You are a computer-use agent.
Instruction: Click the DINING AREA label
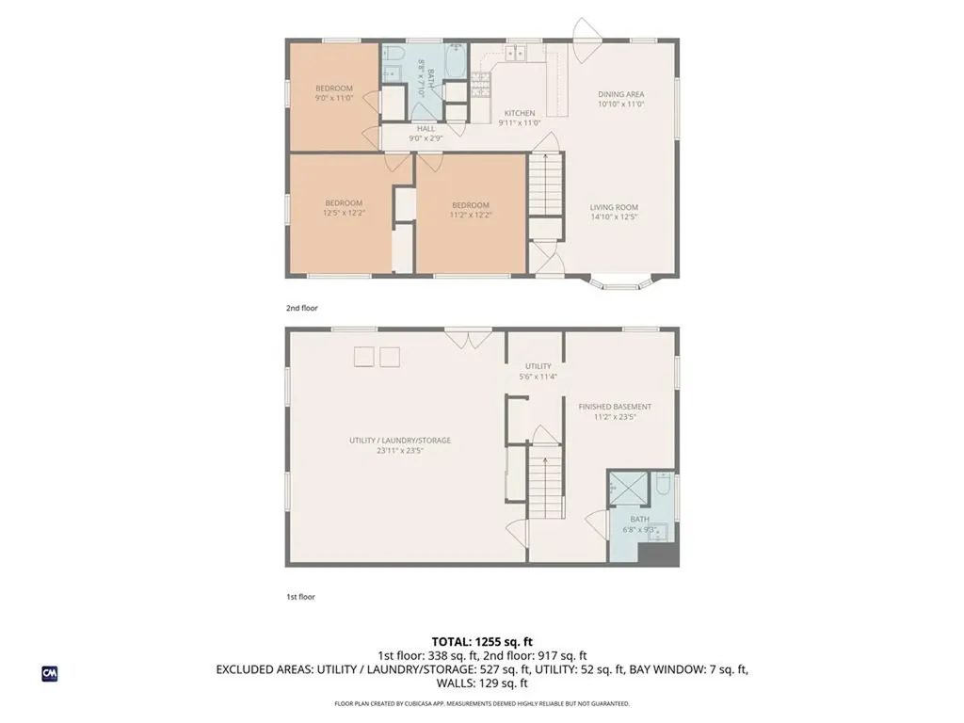click(x=621, y=94)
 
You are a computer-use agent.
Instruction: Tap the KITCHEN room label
click(x=519, y=113)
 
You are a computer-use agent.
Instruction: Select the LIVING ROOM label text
click(x=614, y=207)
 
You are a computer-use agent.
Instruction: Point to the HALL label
click(x=426, y=128)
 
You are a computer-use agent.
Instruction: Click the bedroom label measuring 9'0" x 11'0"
click(x=333, y=88)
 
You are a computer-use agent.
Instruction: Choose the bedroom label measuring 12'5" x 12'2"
click(x=344, y=203)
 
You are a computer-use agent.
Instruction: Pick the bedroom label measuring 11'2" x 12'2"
click(x=470, y=205)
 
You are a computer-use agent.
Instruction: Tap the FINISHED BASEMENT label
click(x=614, y=407)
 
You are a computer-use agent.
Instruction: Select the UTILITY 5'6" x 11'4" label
click(x=538, y=366)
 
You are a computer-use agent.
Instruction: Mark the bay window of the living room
click(x=619, y=281)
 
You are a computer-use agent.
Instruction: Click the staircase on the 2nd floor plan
click(x=544, y=184)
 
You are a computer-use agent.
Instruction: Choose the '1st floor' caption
click(x=299, y=596)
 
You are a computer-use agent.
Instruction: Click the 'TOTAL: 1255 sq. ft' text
click(x=481, y=641)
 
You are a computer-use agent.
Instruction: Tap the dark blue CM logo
click(x=50, y=673)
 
